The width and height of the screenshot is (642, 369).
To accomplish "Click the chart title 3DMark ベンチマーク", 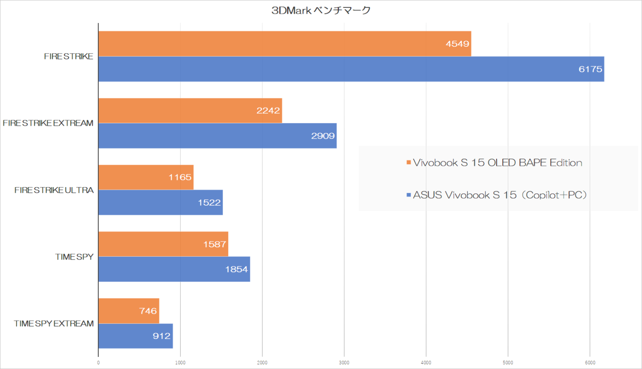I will (321, 10).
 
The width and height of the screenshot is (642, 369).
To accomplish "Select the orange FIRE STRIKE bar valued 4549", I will (284, 44).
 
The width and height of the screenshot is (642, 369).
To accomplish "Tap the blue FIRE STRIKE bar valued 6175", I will (351, 69).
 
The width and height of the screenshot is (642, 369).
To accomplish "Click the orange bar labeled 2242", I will (190, 111).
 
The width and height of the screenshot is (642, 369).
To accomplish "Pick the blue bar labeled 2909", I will (217, 136).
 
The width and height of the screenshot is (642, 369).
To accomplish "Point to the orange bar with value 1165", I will (145, 177).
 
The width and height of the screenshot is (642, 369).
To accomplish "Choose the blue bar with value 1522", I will (160, 203).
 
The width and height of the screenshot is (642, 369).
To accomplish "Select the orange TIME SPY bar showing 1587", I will (163, 244).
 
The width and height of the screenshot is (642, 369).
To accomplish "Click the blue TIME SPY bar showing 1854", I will (174, 269).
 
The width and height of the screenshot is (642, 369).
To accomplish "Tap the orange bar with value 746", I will (129, 311).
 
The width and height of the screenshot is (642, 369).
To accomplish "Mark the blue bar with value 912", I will (135, 336).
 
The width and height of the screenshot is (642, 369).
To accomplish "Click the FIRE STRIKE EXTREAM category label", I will (48, 123).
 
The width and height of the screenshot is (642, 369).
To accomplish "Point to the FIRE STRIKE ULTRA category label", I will (54, 190).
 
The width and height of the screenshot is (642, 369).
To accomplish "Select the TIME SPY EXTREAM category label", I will (53, 323).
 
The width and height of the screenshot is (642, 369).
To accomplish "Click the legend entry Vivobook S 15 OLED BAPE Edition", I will (497, 163).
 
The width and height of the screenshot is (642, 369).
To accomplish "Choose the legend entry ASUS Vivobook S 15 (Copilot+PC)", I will (499, 195).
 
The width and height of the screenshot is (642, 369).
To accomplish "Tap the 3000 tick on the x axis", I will (344, 363).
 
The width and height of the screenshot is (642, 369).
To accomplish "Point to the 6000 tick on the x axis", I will (590, 363).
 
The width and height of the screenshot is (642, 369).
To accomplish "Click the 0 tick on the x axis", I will (98, 363).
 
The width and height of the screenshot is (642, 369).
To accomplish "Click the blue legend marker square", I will (408, 195).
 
